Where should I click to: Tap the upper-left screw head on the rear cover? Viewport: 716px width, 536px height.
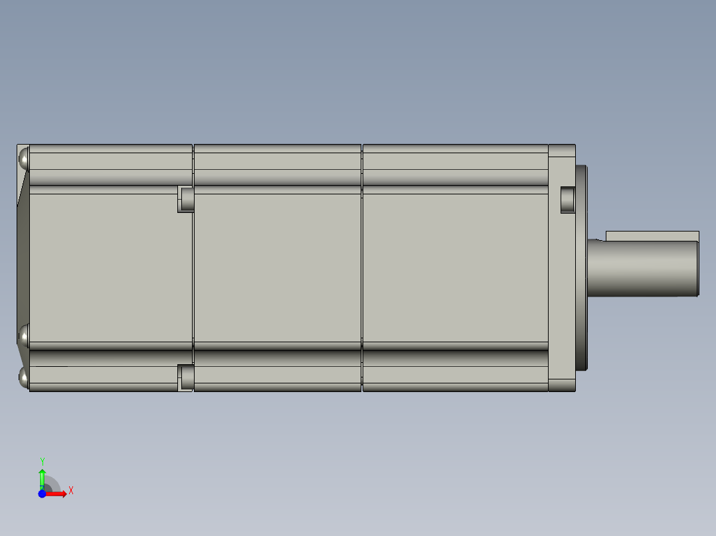[23, 159]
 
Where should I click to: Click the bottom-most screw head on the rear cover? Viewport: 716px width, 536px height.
[24, 379]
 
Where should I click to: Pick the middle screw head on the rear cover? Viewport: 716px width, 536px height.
[24, 336]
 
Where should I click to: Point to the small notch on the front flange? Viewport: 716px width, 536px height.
[567, 200]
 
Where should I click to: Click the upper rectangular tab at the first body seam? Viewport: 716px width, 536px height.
[185, 199]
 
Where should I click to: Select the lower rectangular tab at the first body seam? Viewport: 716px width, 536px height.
[185, 377]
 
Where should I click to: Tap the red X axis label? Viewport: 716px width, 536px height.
[71, 490]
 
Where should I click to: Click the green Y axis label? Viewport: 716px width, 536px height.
[42, 461]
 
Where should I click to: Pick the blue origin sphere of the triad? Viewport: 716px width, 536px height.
[43, 494]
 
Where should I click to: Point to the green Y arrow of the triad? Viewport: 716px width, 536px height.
[42, 476]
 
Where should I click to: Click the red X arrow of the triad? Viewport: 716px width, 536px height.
[58, 494]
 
